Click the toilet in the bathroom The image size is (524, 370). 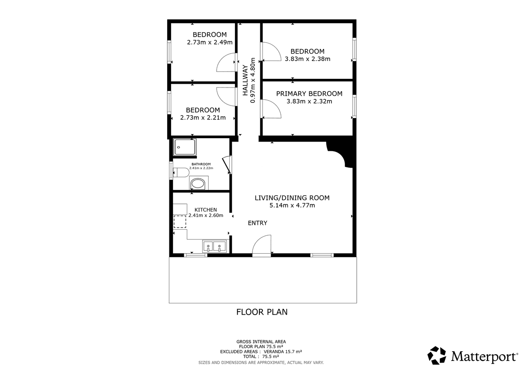point(181,173)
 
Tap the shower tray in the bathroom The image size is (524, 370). point(185,147)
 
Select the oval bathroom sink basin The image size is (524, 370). point(197,184)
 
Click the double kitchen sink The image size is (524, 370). point(214,246)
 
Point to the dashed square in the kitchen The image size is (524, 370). point(180,222)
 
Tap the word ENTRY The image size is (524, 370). point(258,223)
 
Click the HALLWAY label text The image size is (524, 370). point(245,80)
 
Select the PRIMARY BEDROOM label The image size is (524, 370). point(309,94)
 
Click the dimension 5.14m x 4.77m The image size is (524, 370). point(292,205)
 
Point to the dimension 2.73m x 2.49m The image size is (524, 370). point(210,42)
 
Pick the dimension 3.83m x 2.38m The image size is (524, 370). point(307,59)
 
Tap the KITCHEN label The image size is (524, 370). point(206,210)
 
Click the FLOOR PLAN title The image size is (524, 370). point(262,312)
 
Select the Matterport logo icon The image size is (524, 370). point(437,356)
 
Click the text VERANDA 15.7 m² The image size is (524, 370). point(283,352)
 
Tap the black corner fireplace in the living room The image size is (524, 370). point(341,153)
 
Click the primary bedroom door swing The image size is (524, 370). point(271,109)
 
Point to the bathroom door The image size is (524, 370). point(227,165)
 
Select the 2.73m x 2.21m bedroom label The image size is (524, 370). point(203,114)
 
